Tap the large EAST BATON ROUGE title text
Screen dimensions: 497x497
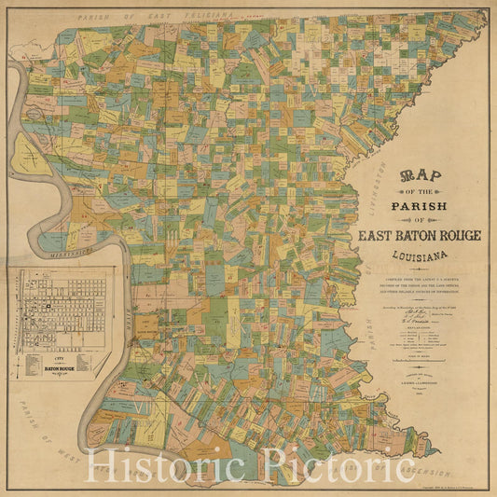click(x=420, y=235)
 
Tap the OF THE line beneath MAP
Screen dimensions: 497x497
click(x=420, y=190)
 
